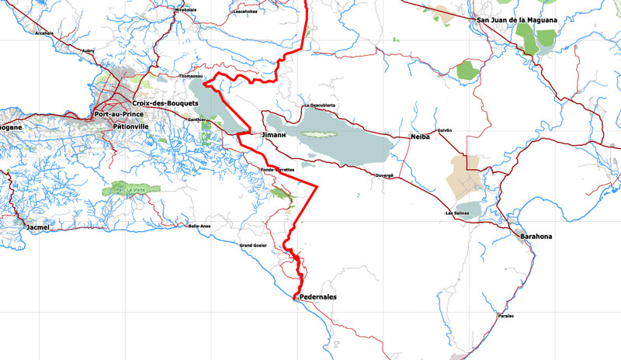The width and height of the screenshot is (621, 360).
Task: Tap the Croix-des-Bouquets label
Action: click(163, 103)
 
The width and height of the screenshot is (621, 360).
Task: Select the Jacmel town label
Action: click(37, 227)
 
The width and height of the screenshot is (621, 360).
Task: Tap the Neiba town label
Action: click(420, 137)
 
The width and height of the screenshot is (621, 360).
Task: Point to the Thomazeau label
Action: click(193, 77)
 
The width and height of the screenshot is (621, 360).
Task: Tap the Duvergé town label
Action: click(386, 175)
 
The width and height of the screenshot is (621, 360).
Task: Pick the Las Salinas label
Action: click(459, 213)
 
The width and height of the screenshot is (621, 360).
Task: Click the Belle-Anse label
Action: click(200, 226)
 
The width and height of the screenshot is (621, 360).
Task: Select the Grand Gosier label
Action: click(254, 245)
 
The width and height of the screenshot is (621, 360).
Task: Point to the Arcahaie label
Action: click(43, 33)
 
